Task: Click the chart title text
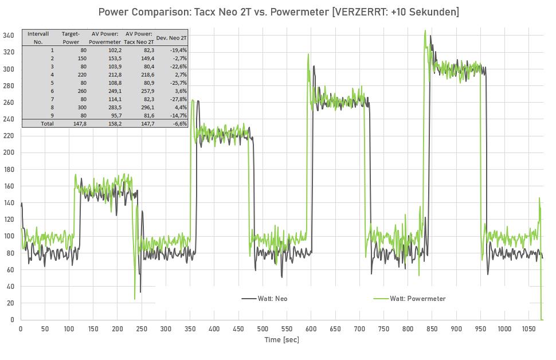point(279,11)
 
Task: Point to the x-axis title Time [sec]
point(281,339)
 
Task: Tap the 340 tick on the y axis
point(8,36)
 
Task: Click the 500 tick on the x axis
point(263,329)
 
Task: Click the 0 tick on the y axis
point(12,320)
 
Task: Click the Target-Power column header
point(71,38)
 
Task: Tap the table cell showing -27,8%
point(178,99)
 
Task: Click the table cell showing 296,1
point(146,107)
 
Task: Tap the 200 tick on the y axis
point(8,152)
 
